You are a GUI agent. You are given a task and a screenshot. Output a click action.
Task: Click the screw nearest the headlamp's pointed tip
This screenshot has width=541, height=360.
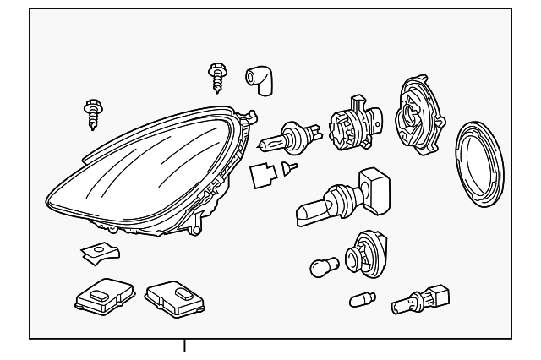[x=91, y=113]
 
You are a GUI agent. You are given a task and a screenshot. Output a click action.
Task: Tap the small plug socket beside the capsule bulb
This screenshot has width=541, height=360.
[x=418, y=299]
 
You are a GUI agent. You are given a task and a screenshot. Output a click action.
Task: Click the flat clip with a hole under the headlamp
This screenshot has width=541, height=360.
[x=99, y=251]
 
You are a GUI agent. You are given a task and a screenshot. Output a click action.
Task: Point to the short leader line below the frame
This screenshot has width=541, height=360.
[x=183, y=346]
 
